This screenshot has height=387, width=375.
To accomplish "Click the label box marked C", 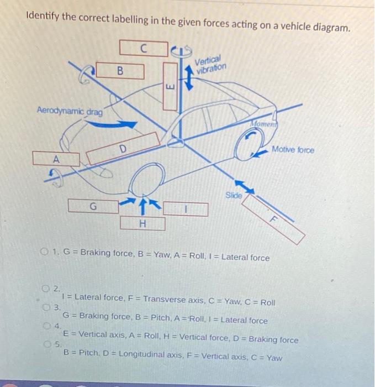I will coord(143,48).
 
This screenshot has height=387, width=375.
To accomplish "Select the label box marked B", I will coord(120,71).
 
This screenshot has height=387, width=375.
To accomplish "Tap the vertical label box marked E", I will coord(171,87).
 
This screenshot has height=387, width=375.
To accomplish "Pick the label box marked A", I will coord(55,158).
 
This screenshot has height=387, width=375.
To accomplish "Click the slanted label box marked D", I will coord(122,148).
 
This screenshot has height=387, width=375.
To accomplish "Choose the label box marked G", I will coord(93,206).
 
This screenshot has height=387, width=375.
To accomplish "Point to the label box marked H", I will coord(143,223).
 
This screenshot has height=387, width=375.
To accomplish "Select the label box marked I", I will coord(186,210).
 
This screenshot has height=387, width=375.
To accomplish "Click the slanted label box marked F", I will coord(273,219).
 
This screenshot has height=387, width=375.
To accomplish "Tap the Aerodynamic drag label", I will coord(70,111).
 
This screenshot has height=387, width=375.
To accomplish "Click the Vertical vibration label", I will coord(211,64).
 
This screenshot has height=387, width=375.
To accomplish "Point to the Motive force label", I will coord(292,150).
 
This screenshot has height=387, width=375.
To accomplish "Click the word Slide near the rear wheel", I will coord(234,195).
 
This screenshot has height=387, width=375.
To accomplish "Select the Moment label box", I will coord(263,124).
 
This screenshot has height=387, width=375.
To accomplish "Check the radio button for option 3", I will coord(46,307).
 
